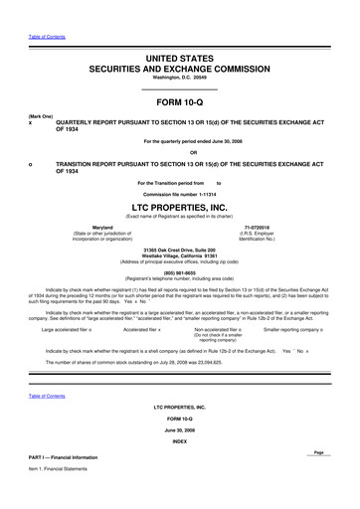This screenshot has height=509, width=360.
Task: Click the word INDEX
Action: click(x=179, y=440)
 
